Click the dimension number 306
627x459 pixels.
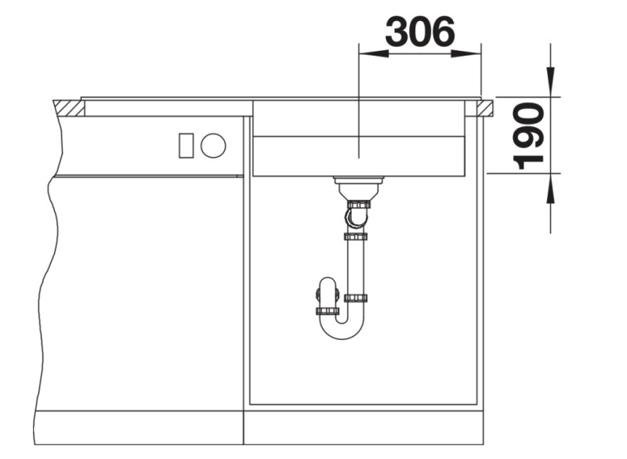(420, 31)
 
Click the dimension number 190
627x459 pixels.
(528, 136)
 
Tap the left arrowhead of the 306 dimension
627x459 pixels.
(374, 53)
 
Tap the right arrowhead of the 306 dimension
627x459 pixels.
(466, 53)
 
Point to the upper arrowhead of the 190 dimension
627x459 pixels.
(551, 82)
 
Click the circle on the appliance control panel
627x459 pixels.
(213, 146)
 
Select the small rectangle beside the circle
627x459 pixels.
(186, 146)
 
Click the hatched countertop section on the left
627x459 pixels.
(69, 108)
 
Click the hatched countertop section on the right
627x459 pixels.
(484, 109)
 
